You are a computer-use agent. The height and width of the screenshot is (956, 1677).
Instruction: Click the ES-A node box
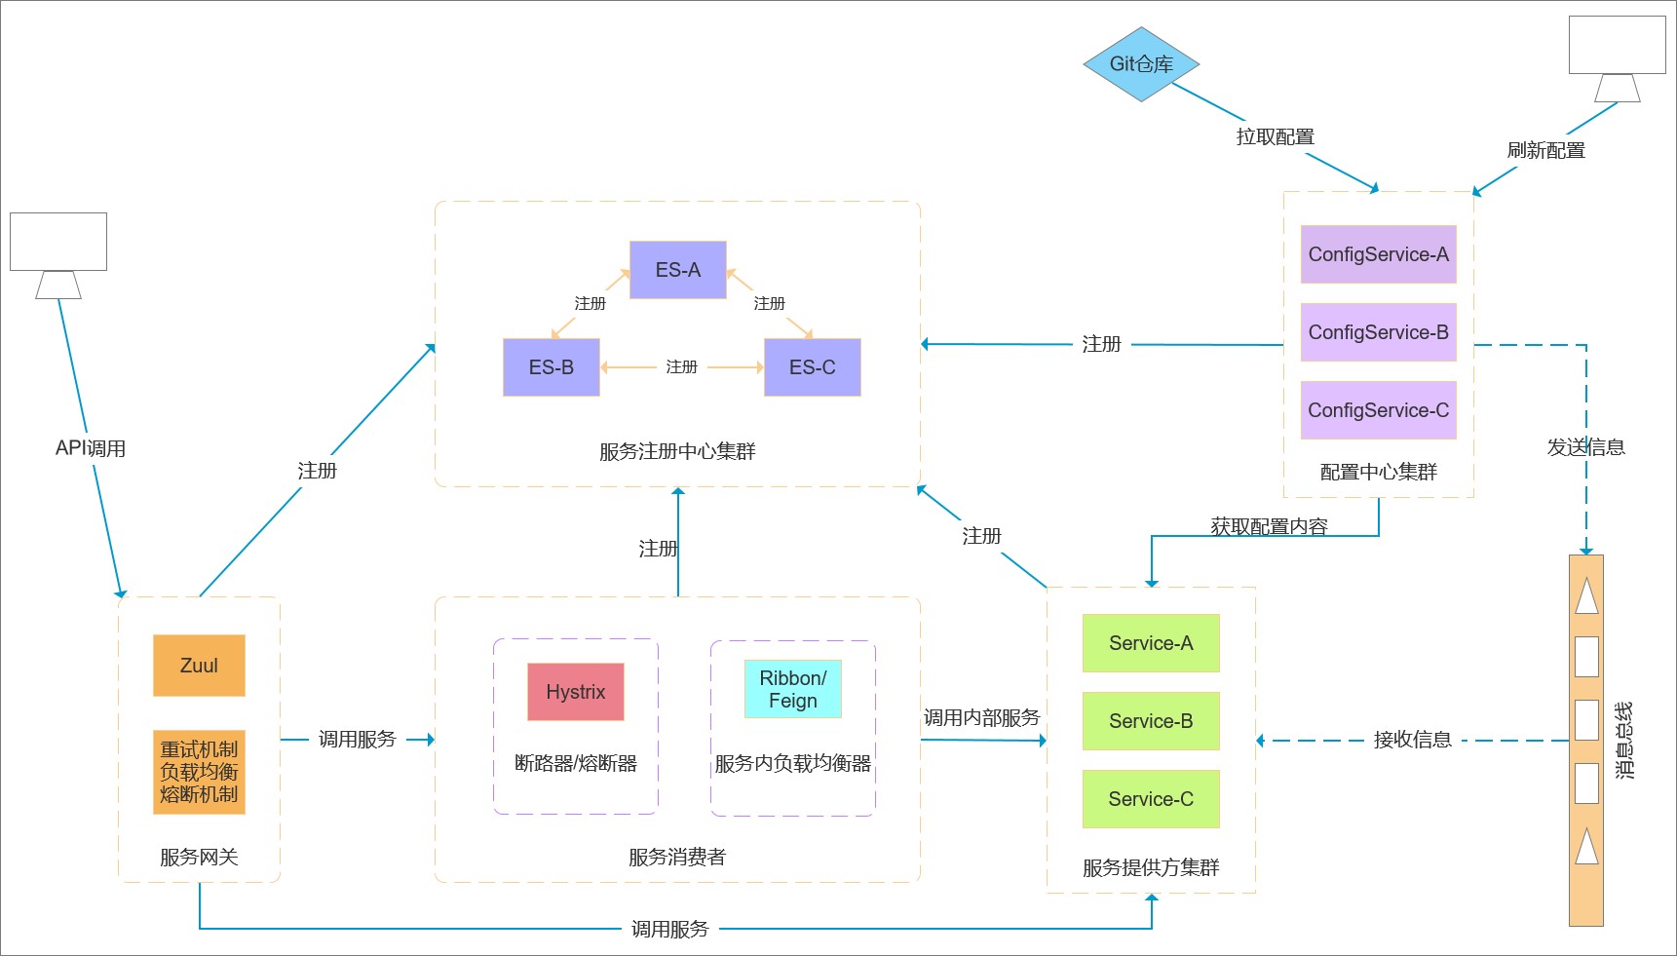(677, 270)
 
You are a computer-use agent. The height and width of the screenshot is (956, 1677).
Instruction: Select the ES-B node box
(551, 367)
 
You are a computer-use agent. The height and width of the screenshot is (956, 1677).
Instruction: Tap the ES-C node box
(812, 367)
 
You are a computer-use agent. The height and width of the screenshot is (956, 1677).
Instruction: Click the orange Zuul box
(199, 666)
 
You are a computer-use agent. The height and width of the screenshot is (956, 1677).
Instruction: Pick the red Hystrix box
(575, 692)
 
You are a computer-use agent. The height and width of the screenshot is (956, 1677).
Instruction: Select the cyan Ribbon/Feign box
(792, 689)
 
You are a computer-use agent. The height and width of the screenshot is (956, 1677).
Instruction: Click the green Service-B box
(1150, 721)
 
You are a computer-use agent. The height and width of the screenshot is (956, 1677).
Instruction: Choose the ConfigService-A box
(1378, 254)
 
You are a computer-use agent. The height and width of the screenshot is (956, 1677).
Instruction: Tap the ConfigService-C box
(1378, 410)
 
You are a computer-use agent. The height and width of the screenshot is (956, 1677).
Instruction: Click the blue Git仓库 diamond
(1141, 64)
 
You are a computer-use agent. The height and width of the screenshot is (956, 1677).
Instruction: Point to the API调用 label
(91, 448)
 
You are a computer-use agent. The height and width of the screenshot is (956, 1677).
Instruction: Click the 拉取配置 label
(1275, 137)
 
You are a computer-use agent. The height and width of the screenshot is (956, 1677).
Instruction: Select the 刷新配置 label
(1545, 151)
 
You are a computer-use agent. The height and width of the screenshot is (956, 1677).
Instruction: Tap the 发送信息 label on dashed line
(1585, 447)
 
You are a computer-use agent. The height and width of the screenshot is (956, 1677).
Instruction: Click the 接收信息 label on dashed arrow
(1412, 740)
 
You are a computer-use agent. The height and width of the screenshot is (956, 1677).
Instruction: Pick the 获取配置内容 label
(1269, 526)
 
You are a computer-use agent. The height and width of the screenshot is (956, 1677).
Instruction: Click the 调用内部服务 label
(981, 718)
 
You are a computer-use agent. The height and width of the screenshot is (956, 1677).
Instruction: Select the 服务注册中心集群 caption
(677, 451)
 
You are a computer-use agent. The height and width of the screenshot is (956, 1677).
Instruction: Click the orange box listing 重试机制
(199, 772)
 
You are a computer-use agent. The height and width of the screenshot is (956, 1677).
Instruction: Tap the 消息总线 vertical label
(1623, 740)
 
